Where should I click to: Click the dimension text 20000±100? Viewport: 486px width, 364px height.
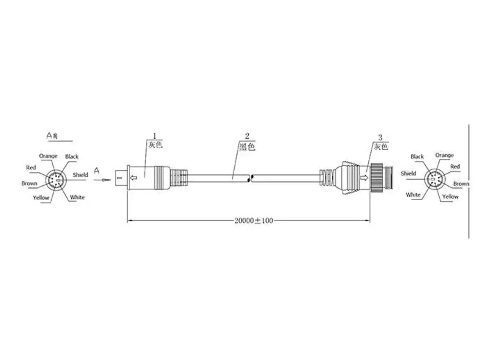pyautogui.click(x=253, y=221)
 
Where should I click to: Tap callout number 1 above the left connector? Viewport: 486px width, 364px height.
pyautogui.click(x=155, y=136)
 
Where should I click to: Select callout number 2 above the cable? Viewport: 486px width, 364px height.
pyautogui.click(x=247, y=136)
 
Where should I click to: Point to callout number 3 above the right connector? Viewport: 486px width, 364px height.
pyautogui.click(x=380, y=137)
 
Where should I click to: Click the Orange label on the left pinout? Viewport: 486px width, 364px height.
pyautogui.click(x=48, y=156)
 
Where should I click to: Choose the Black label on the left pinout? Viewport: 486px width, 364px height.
pyautogui.click(x=72, y=156)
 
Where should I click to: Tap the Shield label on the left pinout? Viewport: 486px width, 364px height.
pyautogui.click(x=80, y=175)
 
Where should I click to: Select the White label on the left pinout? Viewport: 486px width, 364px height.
pyautogui.click(x=77, y=197)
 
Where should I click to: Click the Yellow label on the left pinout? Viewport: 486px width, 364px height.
pyautogui.click(x=41, y=198)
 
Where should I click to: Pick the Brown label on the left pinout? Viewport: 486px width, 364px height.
pyautogui.click(x=29, y=184)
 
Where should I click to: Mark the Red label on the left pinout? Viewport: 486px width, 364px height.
pyautogui.click(x=31, y=168)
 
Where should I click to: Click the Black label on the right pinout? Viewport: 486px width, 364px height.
pyautogui.click(x=417, y=156)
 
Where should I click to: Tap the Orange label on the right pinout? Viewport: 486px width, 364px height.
pyautogui.click(x=444, y=155)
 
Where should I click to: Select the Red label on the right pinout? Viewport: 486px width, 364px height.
pyautogui.click(x=455, y=166)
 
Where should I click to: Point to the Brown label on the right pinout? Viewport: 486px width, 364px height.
pyautogui.click(x=461, y=184)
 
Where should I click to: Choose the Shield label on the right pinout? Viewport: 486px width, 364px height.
pyautogui.click(x=408, y=173)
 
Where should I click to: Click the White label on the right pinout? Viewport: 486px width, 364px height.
pyautogui.click(x=413, y=195)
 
